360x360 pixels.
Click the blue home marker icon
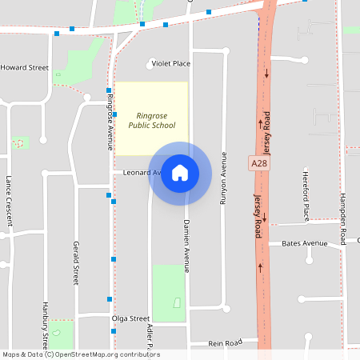(x=180, y=172)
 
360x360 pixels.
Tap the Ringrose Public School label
(x=152, y=120)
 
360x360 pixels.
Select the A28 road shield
(x=258, y=162)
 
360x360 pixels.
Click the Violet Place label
(x=170, y=63)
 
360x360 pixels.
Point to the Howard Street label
(x=24, y=68)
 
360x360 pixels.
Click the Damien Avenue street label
(x=186, y=245)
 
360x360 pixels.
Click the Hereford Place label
(x=306, y=196)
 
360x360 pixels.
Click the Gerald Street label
(x=77, y=262)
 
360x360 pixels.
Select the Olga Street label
(x=130, y=318)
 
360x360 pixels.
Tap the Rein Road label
(x=225, y=342)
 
